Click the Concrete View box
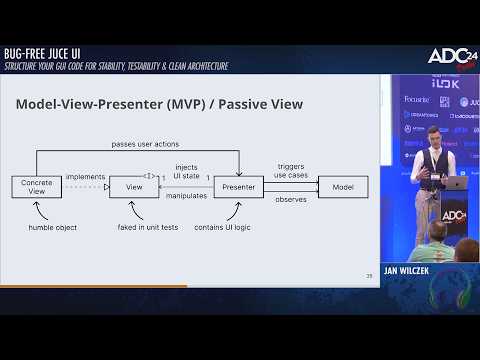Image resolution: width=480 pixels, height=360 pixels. coord(37,186)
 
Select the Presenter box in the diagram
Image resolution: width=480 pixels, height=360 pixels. coord(238,186)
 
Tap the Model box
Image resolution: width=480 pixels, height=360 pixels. coord(342,186)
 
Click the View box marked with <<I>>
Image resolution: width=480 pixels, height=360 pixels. coord(134,186)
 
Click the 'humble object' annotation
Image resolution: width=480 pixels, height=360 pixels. coord(52,227)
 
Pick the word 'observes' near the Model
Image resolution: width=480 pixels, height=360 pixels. coord(290,199)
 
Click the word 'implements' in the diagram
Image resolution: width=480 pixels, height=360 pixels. coord(85,177)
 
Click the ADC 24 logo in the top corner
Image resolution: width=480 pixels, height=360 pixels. coord(449,56)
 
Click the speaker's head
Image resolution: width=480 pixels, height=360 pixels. coord(432,134)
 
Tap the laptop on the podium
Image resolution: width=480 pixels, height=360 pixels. coord(456,183)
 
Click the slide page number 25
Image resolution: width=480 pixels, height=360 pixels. coord(369,274)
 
